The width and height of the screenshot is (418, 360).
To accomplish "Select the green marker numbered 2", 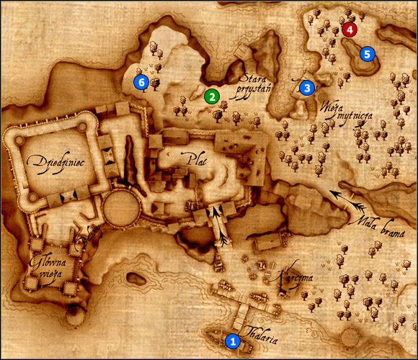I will tap(211, 95).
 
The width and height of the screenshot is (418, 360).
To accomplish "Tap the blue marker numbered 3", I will tap(307, 88).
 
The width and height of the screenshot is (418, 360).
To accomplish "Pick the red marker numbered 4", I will tap(349, 30).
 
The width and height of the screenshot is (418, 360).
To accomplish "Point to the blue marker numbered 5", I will tap(368, 53).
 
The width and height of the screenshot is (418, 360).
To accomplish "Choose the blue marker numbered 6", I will tap(141, 83).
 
